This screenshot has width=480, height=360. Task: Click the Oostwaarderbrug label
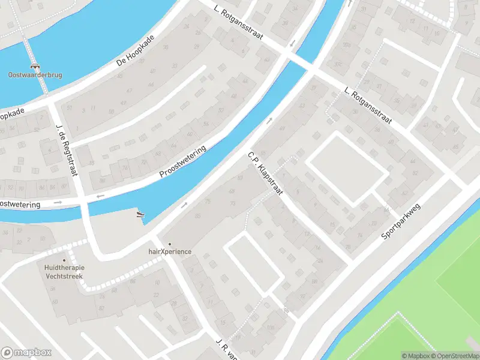35,75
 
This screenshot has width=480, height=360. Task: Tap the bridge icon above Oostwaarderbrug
35,66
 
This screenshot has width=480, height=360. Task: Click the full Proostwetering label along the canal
182,163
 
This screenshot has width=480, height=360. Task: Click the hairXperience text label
170,251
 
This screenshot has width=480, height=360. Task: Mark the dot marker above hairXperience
170,244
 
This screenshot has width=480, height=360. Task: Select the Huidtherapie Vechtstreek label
64,272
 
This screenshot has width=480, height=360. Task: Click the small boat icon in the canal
140,214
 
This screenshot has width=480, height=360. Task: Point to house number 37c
338,64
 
